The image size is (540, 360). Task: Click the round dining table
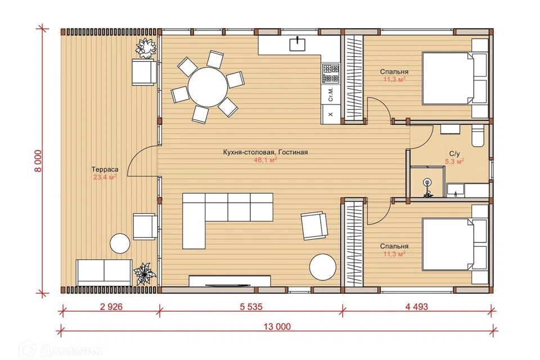208,87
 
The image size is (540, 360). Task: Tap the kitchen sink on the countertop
298,44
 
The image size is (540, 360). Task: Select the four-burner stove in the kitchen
331,74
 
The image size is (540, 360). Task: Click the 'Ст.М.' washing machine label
331,94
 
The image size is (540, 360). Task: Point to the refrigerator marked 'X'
331,114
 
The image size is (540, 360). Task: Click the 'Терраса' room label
105,169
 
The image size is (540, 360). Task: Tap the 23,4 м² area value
105,177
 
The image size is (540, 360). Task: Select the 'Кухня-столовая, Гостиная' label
265,152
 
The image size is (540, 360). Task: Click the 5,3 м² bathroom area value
454,161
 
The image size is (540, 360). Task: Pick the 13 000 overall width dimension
277,326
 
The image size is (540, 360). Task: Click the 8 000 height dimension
38,161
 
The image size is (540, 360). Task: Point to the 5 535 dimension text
251,306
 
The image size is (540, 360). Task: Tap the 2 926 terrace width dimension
111,306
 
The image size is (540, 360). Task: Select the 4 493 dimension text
416,306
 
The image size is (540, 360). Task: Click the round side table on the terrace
120,244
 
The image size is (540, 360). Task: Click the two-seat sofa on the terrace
103,272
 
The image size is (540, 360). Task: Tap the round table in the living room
323,267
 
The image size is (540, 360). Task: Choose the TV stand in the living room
229,281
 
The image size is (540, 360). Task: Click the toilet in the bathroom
478,136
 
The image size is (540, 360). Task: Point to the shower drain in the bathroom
427,182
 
